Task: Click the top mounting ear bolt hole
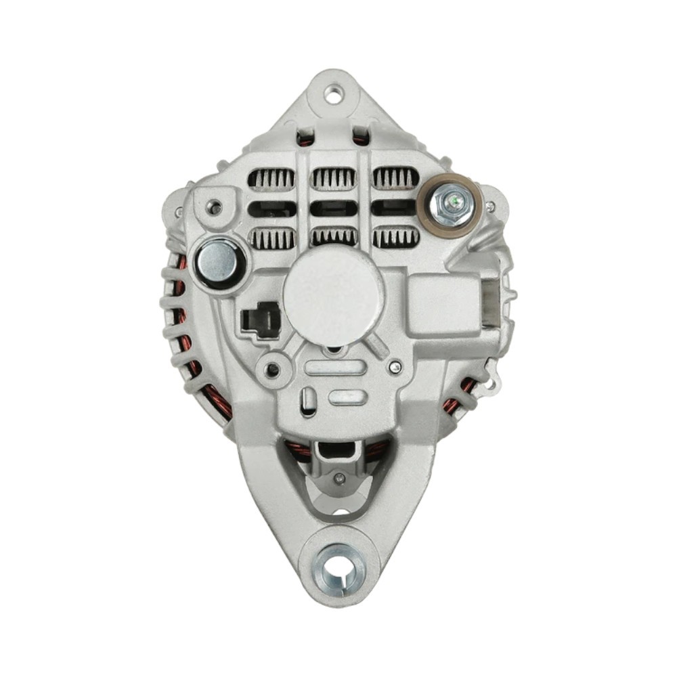333,94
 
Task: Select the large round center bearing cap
333,296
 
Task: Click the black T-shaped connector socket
261,320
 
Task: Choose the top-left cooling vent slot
271,179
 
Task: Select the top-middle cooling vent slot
333,179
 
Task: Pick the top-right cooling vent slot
395,178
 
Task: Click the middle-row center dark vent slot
333,209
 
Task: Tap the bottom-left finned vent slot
271,238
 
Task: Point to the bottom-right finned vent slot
396,238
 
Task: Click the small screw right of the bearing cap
395,366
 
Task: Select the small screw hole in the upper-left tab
214,206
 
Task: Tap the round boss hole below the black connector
273,369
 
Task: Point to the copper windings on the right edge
460,397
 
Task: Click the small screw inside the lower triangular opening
340,479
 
